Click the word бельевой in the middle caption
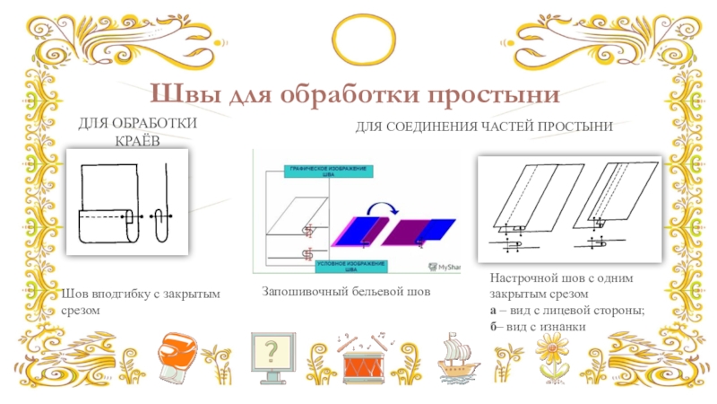pos(382,293)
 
